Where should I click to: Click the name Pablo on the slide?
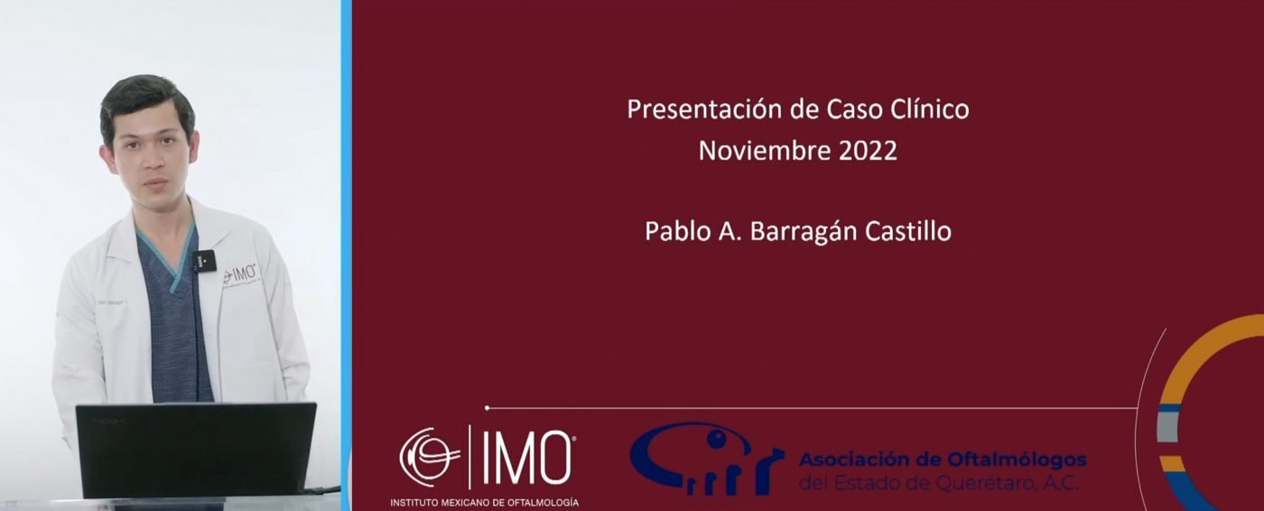coord(678,231)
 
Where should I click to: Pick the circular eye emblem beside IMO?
coord(430,457)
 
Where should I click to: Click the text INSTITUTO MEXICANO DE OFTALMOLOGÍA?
coord(485,502)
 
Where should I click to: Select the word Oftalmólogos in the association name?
coord(1017,460)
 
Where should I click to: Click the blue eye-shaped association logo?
coord(706,458)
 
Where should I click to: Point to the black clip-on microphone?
coord(204,261)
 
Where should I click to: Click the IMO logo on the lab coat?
coord(239,274)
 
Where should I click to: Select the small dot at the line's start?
coord(487,408)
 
